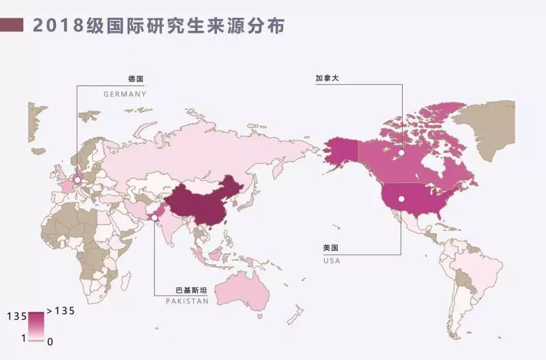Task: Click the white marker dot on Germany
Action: coord(77,180)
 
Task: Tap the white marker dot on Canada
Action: coord(402,152)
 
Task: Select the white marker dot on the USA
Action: coord(401,199)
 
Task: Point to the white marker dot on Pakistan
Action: coord(155,218)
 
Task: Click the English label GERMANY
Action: coord(125,94)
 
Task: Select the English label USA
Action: coord(332,260)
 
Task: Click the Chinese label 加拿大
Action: coord(327,79)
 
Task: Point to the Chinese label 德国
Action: coord(136,79)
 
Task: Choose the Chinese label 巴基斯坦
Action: coord(192,290)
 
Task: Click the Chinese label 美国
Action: coord(330,248)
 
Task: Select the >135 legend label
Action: coord(60,311)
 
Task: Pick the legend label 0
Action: coord(50,340)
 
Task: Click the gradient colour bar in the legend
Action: coord(36,326)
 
